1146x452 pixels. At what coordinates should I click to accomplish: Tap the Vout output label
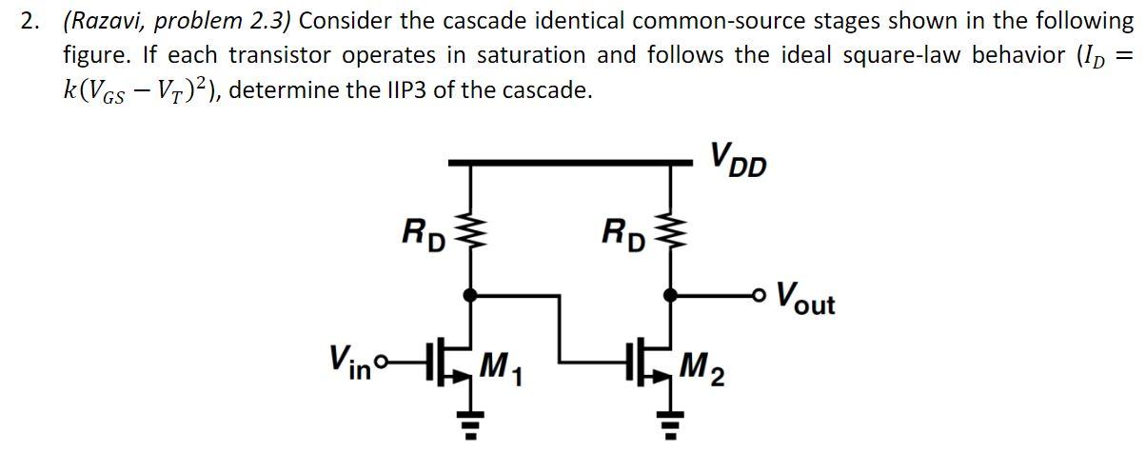[805, 298]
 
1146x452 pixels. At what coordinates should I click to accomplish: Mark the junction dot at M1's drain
[466, 296]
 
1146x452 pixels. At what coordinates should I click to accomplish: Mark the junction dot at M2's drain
[670, 296]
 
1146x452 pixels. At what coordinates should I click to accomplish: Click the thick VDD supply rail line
[571, 165]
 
